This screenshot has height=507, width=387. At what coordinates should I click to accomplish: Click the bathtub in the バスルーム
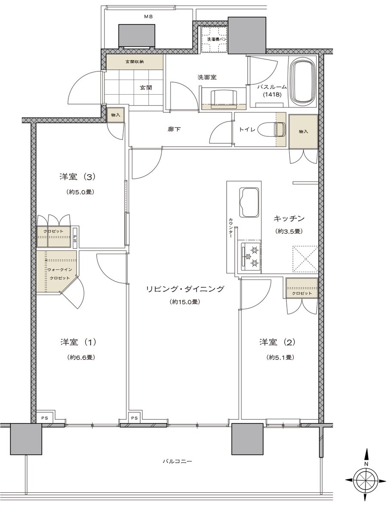point(304,81)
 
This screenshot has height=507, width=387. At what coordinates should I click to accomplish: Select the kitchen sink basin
point(249,203)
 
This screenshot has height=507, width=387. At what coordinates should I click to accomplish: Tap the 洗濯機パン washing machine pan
point(214,39)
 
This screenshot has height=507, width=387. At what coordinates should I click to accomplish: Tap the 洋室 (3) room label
point(77,176)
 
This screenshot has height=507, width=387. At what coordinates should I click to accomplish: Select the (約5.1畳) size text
point(280,357)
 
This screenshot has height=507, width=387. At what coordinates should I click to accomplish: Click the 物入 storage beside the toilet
point(303,131)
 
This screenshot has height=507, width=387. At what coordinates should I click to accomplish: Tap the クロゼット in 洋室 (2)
point(302,293)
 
